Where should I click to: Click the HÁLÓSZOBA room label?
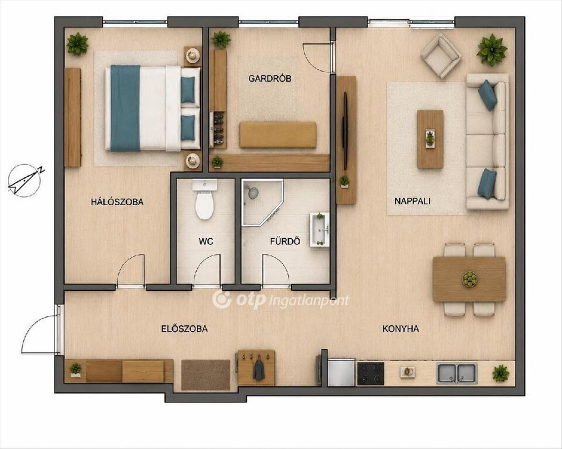[x=117, y=202]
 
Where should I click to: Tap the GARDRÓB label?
[x=269, y=78]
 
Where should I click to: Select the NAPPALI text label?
[x=412, y=201]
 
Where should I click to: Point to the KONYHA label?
[x=400, y=329]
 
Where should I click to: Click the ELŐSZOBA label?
[x=185, y=329]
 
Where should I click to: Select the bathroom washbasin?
[x=319, y=230]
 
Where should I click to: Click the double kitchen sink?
[x=457, y=373]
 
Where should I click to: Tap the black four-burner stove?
[x=370, y=374]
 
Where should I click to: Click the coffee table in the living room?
[x=430, y=139]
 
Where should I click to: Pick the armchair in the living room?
[x=441, y=55]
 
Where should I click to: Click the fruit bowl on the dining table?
[x=470, y=279]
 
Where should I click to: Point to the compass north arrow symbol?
[x=24, y=179]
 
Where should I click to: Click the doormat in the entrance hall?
[x=206, y=375]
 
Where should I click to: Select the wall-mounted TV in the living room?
[x=345, y=131]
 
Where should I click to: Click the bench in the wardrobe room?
[x=278, y=135]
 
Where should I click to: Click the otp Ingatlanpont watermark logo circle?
[x=222, y=299]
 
